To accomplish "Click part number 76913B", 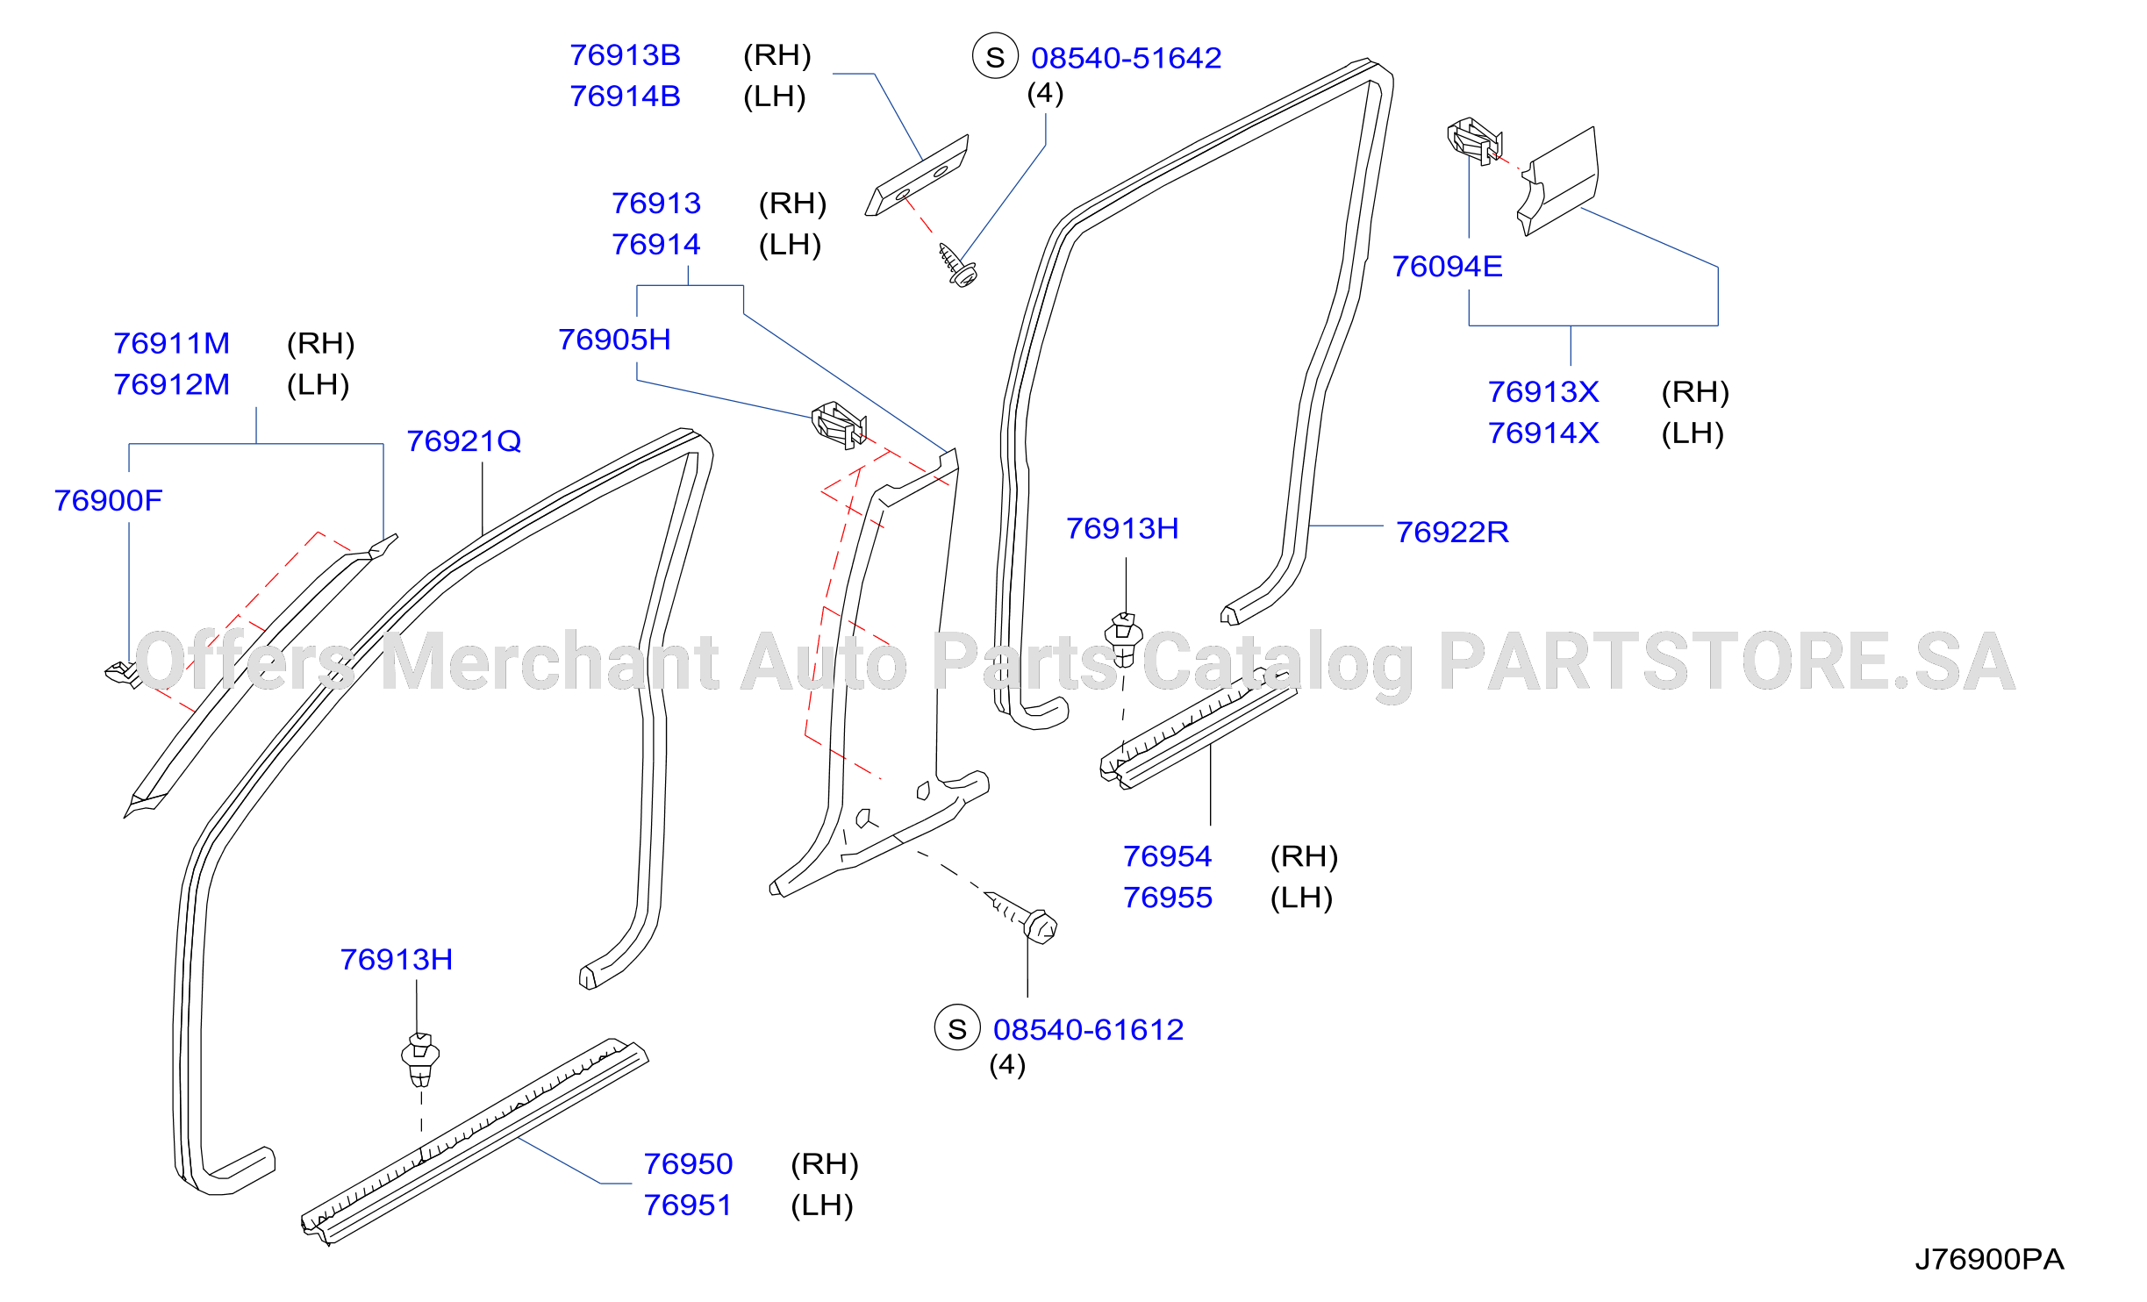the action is point(625,55).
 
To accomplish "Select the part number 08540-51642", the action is point(1126,58).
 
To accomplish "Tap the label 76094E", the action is point(1447,266).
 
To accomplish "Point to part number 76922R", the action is point(1452,532).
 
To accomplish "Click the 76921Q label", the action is point(463,440).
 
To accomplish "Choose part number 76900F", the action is point(108,500).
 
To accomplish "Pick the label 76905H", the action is point(614,339).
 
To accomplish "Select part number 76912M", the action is point(171,384).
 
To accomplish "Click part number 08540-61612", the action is point(1088,1029).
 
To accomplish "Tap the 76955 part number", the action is point(1167,898).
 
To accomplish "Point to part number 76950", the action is point(688,1163).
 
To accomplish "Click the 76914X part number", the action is point(1543,433).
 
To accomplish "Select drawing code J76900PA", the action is point(1989,1259).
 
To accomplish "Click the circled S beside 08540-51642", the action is point(995,56).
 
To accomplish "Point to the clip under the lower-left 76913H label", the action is point(420,1060).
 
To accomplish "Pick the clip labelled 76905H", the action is point(839,425).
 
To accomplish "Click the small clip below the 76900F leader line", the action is point(123,675).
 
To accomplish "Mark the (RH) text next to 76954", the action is point(1304,856).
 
